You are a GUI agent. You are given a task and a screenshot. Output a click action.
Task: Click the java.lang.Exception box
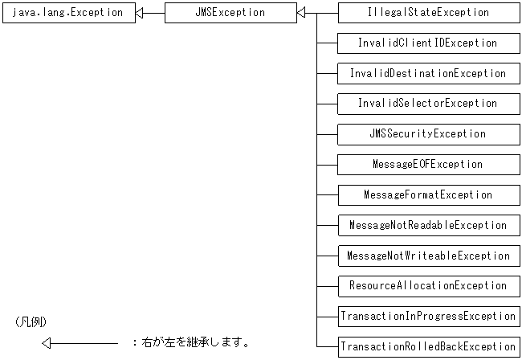point(67,13)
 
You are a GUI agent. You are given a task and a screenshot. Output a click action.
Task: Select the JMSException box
point(230,13)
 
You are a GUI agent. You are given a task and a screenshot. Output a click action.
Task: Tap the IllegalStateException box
point(428,13)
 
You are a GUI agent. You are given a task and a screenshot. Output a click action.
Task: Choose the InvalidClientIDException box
point(428,43)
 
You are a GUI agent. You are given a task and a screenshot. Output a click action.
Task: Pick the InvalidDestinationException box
point(428,73)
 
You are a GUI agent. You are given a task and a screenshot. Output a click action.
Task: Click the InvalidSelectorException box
point(428,104)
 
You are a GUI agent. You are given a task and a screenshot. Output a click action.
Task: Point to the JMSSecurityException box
point(428,134)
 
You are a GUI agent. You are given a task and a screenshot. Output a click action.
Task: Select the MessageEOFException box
point(428,165)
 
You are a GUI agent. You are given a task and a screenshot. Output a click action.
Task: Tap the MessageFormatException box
point(428,195)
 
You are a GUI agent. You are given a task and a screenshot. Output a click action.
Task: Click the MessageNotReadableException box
point(428,226)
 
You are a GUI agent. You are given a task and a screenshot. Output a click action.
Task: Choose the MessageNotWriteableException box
point(428,256)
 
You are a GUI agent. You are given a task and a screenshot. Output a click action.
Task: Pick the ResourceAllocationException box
point(428,286)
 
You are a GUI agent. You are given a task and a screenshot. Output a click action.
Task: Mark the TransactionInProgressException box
point(428,317)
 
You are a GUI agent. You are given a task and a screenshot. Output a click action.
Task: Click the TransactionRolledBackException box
point(428,347)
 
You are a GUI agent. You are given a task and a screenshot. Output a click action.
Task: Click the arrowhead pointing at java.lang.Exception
point(141,13)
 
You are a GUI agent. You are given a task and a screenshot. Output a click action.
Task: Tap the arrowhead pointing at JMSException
point(301,13)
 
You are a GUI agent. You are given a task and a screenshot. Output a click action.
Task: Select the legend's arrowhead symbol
point(47,343)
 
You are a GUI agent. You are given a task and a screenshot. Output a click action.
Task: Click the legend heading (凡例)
point(33,321)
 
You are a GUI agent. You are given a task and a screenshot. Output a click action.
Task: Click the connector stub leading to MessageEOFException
point(327,165)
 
